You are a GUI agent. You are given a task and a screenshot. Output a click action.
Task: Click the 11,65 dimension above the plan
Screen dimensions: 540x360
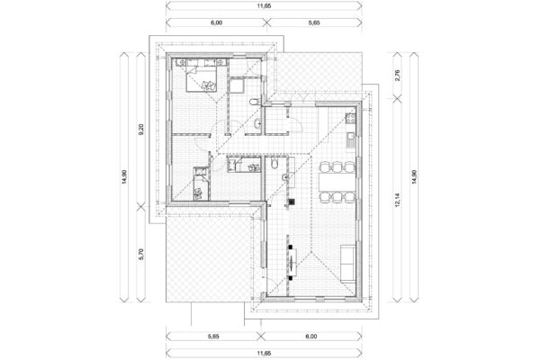[264, 6]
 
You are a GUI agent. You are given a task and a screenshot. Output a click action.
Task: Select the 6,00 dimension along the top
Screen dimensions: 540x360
[216, 22]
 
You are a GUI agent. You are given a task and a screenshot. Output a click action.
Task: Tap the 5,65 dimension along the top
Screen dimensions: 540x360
[314, 22]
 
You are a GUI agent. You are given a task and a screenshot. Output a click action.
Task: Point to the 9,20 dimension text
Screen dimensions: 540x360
[141, 130]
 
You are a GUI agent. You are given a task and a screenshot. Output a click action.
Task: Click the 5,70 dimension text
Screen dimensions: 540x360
[141, 254]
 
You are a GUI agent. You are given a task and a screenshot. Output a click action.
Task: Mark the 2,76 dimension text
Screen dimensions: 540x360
[397, 76]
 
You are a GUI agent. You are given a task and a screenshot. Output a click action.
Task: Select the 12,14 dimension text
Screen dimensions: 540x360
[397, 200]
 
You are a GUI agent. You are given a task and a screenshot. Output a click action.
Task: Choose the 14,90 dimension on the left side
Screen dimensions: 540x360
[124, 177]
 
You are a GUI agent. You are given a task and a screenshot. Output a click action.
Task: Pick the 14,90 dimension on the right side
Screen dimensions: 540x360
[414, 177]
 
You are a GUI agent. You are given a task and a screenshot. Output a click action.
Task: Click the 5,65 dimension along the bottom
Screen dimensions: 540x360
[213, 337]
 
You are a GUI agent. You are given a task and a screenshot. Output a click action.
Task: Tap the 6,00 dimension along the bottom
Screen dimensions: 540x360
[311, 337]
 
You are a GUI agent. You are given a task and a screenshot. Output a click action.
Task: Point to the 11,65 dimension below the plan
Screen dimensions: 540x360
[264, 354]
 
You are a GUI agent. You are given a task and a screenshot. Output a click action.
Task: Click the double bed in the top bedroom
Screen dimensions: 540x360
[202, 79]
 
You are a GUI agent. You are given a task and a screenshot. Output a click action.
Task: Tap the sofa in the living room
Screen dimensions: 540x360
[347, 264]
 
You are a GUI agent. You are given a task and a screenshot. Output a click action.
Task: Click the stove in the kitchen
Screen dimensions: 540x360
[350, 119]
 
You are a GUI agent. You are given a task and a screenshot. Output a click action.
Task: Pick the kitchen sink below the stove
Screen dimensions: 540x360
[351, 140]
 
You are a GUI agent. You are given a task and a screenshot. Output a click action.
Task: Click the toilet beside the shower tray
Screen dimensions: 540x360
[253, 102]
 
